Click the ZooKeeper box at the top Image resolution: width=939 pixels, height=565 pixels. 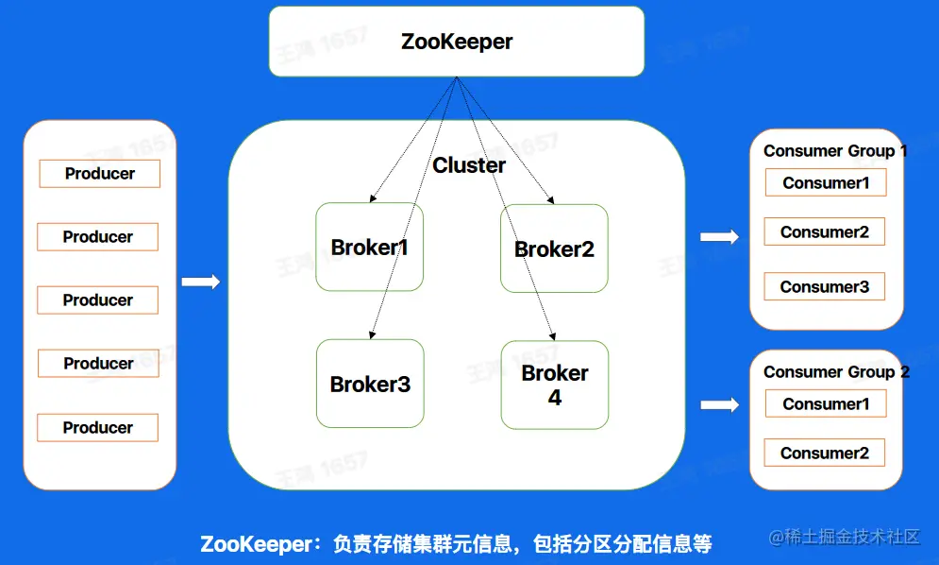(x=457, y=42)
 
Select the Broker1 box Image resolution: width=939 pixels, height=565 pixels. (x=370, y=248)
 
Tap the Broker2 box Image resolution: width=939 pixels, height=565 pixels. (x=554, y=248)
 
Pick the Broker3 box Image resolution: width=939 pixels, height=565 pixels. (x=370, y=384)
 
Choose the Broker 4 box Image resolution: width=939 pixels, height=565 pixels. (x=555, y=385)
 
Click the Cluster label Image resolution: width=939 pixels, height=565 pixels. (x=469, y=165)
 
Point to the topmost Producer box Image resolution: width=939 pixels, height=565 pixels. (x=99, y=174)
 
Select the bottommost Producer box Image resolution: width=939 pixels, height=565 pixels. (x=98, y=427)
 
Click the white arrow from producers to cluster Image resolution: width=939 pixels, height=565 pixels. (x=200, y=282)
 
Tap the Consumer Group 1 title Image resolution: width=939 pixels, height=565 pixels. (x=835, y=151)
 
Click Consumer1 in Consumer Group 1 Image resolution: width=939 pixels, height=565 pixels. (x=826, y=183)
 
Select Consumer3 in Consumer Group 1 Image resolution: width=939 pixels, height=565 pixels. (x=825, y=287)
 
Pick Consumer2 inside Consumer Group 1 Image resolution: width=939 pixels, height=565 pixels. (x=825, y=232)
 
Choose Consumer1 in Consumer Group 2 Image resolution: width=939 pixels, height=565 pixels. (x=826, y=404)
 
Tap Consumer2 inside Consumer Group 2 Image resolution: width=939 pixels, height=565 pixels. (x=825, y=453)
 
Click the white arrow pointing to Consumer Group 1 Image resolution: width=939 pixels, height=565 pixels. (x=719, y=236)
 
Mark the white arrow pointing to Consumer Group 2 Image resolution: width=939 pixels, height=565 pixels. (x=719, y=404)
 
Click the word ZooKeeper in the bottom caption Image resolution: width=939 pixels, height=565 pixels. (x=255, y=544)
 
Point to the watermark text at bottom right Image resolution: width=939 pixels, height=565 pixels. (x=844, y=538)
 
